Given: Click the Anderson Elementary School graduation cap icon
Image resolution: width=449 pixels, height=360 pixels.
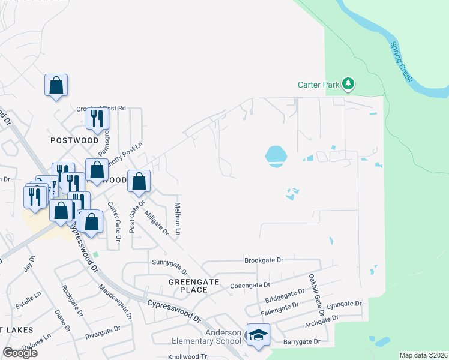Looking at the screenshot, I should [x=258, y=335].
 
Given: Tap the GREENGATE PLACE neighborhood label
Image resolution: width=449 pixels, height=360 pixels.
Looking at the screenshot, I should [x=188, y=285].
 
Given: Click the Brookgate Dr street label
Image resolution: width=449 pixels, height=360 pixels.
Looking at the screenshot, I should [x=263, y=260].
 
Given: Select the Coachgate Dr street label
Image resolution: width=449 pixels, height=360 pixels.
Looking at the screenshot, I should [x=250, y=285].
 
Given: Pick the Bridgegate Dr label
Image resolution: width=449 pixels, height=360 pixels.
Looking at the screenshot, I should [x=284, y=298].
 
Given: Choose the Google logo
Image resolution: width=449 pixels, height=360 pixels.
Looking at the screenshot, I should [x=20, y=352].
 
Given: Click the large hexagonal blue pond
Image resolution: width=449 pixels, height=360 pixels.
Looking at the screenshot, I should [x=276, y=155].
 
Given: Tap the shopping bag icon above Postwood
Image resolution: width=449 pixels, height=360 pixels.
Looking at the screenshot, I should [x=56, y=85].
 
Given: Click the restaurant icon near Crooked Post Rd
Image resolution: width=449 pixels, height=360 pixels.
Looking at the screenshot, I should [x=95, y=119].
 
